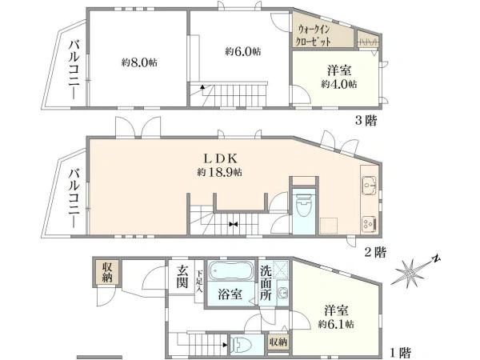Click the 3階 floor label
(366, 121)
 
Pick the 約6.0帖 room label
(242, 51)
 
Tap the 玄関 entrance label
(183, 276)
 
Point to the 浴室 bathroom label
(231, 294)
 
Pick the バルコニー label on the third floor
(72, 70)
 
